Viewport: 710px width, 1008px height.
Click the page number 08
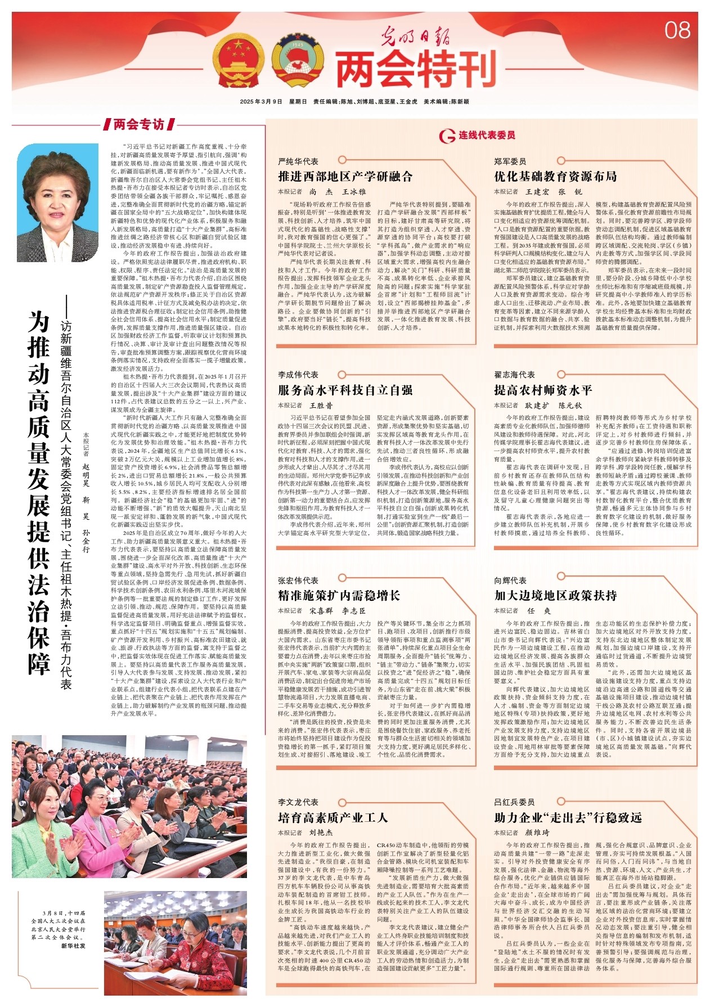pos(677,30)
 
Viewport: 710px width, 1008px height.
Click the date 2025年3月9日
pos(260,102)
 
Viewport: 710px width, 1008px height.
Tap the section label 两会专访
pos(138,124)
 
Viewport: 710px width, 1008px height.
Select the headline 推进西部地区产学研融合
pos(345,177)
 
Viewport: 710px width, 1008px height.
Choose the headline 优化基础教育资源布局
pos(555,177)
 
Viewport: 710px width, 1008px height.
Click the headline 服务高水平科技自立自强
pos(345,390)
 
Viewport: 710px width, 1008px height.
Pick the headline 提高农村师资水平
pos(543,390)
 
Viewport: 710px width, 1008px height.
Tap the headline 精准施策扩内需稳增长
pos(339,596)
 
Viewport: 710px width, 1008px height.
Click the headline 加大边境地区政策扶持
pos(555,596)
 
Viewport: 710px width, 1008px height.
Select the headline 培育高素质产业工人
pos(333,817)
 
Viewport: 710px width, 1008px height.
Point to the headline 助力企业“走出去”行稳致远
pos(567,817)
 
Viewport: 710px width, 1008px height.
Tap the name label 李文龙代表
pos(298,802)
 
